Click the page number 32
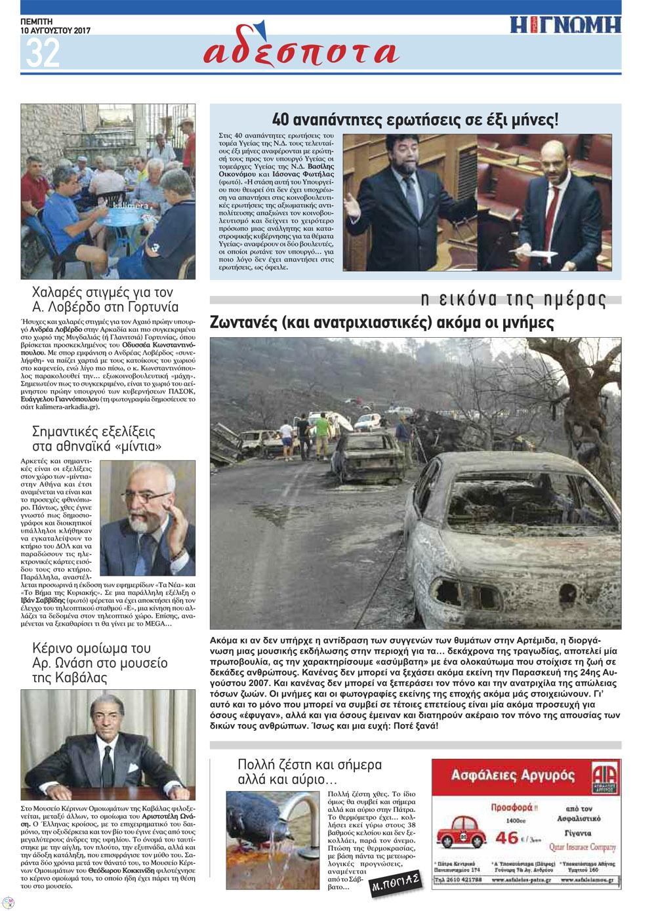(x=42, y=52)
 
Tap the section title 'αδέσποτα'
(x=301, y=51)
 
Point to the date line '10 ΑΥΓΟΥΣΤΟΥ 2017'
(x=55, y=31)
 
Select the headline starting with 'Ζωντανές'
(x=382, y=323)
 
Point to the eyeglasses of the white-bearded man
(x=152, y=496)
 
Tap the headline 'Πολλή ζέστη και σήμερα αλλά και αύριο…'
(x=310, y=772)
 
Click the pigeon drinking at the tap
(x=253, y=820)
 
